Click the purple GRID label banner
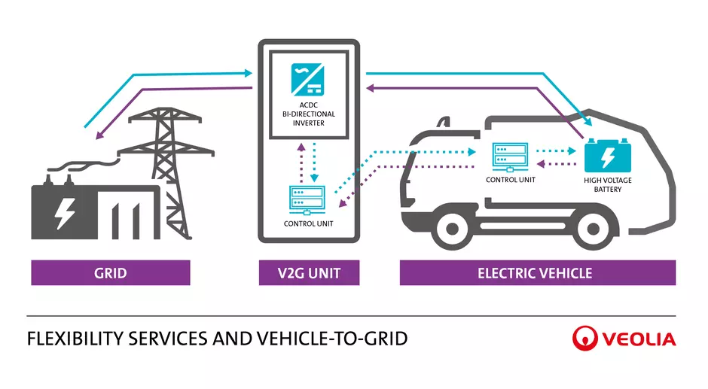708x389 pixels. click(x=110, y=272)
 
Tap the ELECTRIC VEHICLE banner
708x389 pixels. click(x=537, y=272)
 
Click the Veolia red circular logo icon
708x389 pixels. click(x=585, y=339)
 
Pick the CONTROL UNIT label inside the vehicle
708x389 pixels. click(x=511, y=180)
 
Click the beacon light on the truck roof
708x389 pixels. click(x=446, y=122)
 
